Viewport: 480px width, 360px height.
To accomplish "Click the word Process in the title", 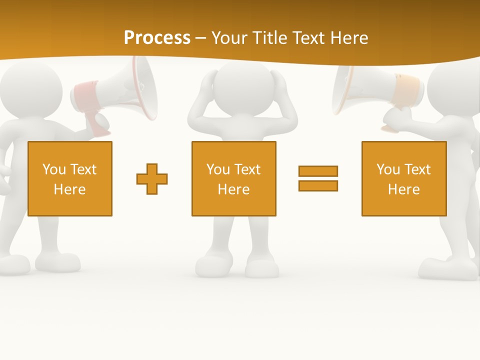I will point(157,37).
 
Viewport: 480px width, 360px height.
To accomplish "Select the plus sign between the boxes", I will point(152,179).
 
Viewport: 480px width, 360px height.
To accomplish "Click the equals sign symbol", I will point(318,178).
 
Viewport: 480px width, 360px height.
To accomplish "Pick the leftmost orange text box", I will point(70,178).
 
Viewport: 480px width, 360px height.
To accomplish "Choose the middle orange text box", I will point(233,178).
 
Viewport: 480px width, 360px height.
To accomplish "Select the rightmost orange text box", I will point(403,178).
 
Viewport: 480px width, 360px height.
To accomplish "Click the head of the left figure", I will point(30,90).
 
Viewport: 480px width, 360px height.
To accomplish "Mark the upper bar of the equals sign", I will point(318,171).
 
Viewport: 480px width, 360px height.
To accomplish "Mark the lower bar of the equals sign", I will point(318,185).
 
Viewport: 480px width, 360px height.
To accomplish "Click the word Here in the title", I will point(349,37).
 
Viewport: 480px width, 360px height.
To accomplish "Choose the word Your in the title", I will point(229,37).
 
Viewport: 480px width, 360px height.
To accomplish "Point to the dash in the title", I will point(201,38).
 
